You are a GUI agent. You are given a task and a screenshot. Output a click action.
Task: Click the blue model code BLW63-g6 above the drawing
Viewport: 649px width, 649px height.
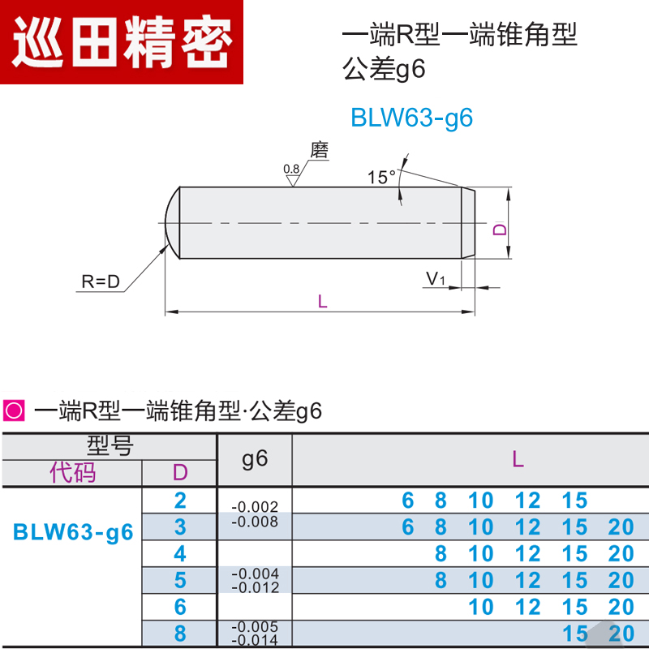[x=411, y=118]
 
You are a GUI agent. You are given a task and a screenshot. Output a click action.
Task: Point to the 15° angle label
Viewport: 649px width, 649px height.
[x=380, y=176]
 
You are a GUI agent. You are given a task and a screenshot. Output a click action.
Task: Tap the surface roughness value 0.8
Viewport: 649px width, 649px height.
[x=291, y=169]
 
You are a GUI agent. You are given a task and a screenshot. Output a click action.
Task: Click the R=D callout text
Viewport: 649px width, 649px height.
[x=101, y=282]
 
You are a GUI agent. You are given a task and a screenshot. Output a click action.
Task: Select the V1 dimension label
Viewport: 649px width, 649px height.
[x=436, y=279]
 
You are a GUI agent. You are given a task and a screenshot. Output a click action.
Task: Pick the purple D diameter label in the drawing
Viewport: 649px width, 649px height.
[x=500, y=230]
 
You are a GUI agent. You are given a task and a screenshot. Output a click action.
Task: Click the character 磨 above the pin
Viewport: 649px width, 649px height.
[x=320, y=150]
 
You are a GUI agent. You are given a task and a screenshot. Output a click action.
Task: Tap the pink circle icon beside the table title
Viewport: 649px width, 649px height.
[x=14, y=411]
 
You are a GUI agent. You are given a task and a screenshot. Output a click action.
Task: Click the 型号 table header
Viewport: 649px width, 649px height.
[x=110, y=445]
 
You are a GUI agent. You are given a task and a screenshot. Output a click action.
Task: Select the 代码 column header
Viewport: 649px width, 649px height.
[x=72, y=472]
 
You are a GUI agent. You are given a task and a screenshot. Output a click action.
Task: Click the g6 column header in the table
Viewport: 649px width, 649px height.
[x=255, y=459]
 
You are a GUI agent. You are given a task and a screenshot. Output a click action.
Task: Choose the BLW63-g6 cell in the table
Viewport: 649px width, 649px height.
[x=72, y=532]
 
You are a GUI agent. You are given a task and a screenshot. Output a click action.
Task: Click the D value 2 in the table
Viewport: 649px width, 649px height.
[x=180, y=501]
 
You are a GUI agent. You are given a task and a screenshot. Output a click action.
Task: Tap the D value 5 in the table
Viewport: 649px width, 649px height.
[x=180, y=580]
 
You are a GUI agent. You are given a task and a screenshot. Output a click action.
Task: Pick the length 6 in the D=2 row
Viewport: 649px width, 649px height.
[x=408, y=501]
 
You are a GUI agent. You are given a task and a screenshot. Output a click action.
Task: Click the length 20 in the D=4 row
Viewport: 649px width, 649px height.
[x=621, y=554]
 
